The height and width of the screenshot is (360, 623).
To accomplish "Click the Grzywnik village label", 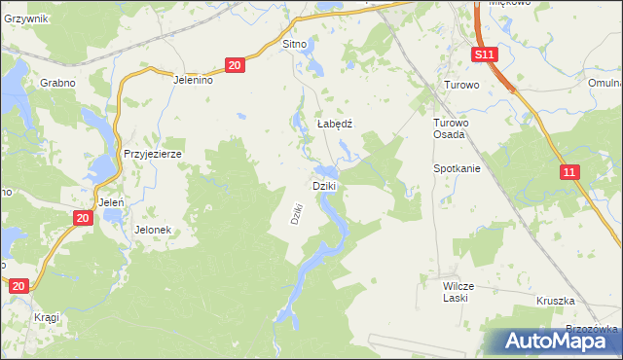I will [x=24, y=18].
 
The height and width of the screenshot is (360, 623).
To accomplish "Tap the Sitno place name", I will [x=294, y=45].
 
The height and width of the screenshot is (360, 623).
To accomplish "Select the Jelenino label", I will [x=193, y=81].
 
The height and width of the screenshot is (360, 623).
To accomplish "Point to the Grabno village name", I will [x=57, y=83].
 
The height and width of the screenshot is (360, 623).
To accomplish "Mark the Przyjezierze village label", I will [x=153, y=154].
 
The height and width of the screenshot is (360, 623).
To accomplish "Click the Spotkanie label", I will [x=458, y=168].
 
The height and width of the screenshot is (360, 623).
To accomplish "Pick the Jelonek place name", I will [x=153, y=230].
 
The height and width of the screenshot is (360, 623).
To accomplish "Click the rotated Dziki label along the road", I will [x=299, y=213].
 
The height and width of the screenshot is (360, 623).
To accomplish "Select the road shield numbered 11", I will [x=570, y=171].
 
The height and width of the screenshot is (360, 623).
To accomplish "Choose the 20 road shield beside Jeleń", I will [x=83, y=218].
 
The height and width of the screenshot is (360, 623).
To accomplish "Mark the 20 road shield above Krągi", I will [x=18, y=285].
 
